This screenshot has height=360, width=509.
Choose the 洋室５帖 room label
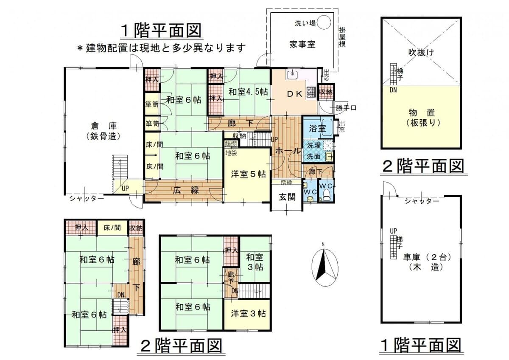248,174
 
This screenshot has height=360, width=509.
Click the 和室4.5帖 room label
248,92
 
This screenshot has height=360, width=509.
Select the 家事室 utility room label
302,45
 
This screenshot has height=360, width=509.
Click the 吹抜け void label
420,53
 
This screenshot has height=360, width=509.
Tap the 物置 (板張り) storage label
422,118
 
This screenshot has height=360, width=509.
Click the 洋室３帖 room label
248,314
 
